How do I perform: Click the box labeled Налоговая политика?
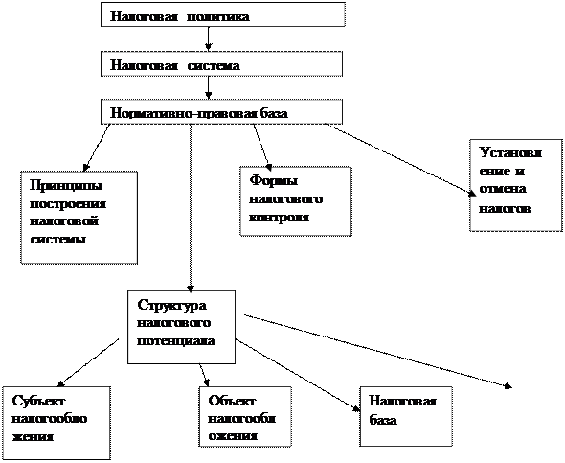[223, 14]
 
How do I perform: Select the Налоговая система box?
[221, 63]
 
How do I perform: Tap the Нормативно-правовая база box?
[221, 112]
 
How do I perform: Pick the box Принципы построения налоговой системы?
[79, 218]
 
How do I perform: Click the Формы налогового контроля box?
[296, 201]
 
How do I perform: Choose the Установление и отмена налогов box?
[516, 185]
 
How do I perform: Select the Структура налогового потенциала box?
[182, 327]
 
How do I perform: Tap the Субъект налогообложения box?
[56, 423]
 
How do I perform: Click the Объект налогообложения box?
[245, 417]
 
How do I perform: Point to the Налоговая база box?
[406, 416]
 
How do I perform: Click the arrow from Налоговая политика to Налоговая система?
[208, 38]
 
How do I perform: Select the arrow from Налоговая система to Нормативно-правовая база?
[208, 87]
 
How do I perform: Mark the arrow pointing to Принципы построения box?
[98, 148]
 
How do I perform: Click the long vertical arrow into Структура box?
[191, 208]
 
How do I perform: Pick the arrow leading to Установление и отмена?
[400, 160]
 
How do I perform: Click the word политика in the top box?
[218, 16]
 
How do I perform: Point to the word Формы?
[274, 180]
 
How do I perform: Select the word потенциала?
[176, 340]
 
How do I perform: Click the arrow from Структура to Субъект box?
[88, 362]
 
